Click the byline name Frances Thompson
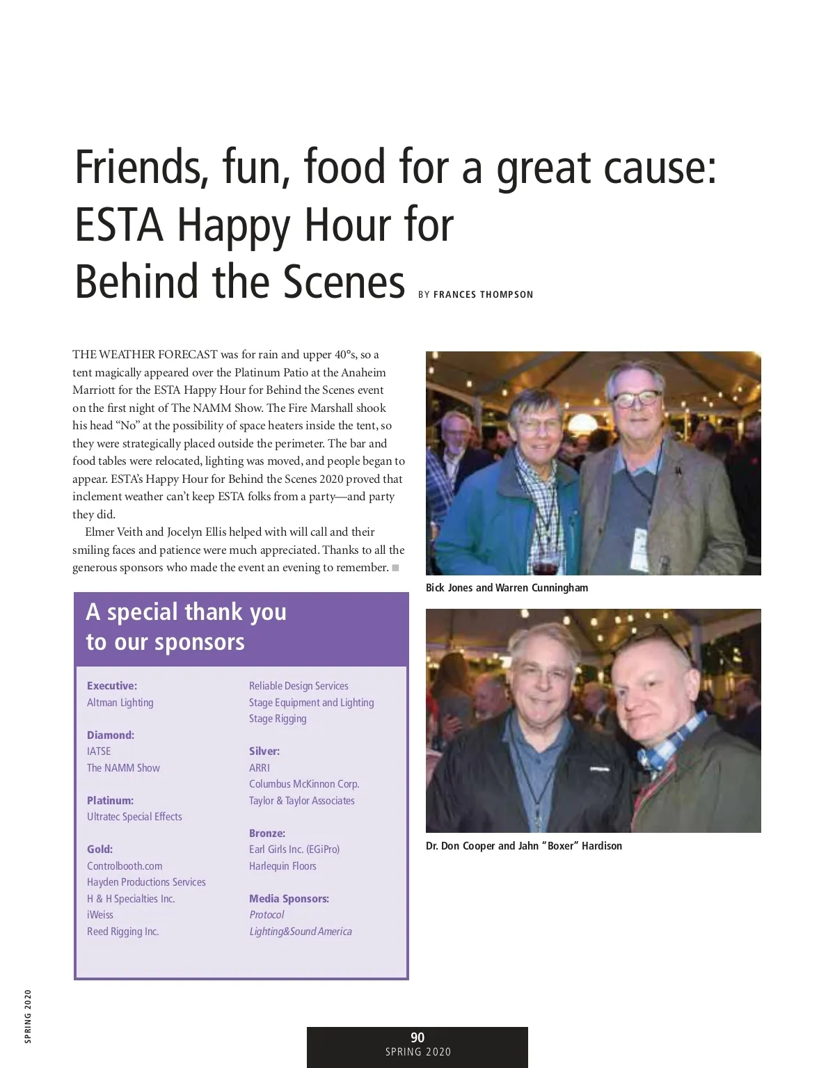[483, 295]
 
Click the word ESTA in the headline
[119, 225]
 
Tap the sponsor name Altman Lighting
[120, 703]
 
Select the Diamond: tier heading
[111, 735]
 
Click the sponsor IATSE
[99, 751]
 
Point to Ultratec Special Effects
[134, 817]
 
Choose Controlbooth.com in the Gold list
[125, 866]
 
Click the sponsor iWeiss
[100, 915]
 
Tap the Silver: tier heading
[264, 751]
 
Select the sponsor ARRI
[260, 768]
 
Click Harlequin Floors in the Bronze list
[283, 866]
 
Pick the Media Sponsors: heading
[289, 899]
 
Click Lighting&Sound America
[301, 932]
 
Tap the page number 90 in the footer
[417, 1038]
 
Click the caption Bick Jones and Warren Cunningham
[507, 588]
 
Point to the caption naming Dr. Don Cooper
[524, 846]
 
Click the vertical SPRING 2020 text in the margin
[27, 1015]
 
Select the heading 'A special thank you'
[186, 612]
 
